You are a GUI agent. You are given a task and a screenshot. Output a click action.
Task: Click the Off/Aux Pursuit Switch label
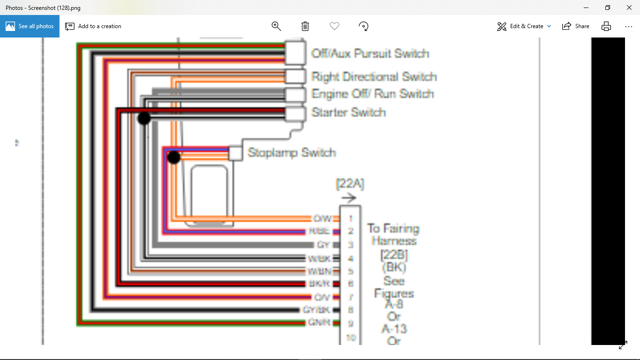coord(370,53)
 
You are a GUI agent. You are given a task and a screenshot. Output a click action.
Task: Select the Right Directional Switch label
coord(374,77)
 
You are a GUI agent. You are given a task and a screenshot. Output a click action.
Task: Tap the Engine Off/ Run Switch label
coord(372,94)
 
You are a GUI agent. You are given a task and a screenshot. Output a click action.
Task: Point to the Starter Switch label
coord(349,112)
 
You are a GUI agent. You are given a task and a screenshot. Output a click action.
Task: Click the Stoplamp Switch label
coord(291,153)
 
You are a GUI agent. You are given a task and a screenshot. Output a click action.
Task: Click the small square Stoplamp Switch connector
coord(235,153)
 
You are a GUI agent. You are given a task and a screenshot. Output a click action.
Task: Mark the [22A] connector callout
coord(350,184)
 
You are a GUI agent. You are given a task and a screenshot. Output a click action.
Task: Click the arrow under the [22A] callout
coord(349,198)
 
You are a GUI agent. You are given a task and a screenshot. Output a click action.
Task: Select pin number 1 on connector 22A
coord(350,219)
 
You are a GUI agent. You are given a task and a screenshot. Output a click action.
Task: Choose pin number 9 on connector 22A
coord(350,323)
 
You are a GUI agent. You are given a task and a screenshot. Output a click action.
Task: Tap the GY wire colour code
coord(323,245)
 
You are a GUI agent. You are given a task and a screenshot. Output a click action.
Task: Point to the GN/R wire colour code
coord(319,322)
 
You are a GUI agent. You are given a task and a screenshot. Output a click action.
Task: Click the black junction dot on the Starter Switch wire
coord(144,118)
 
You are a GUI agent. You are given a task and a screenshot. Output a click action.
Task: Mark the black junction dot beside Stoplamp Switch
coord(174,157)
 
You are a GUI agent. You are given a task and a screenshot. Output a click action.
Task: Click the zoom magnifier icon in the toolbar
coord(276,26)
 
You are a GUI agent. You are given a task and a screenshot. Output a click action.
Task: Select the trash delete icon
coord(305,26)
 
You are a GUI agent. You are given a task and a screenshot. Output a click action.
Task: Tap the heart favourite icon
coord(334,26)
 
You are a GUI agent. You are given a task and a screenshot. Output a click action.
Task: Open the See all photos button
coord(30,26)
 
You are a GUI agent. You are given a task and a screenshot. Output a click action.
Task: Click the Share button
coord(576,26)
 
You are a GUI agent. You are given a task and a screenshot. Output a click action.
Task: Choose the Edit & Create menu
coord(524,26)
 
